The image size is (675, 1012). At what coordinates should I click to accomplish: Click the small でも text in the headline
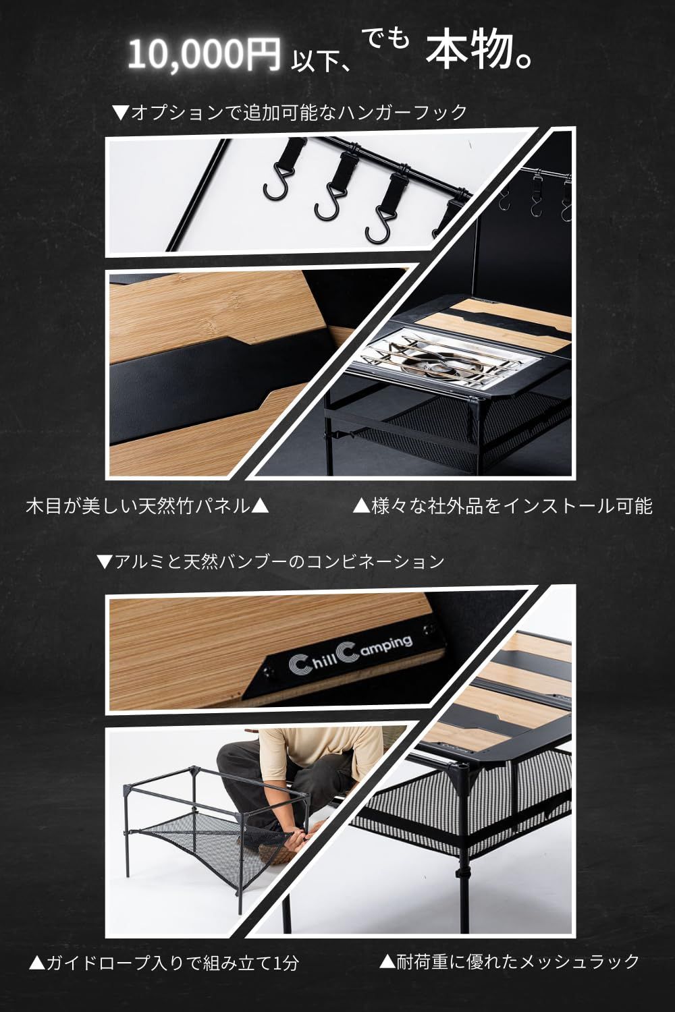coord(387,39)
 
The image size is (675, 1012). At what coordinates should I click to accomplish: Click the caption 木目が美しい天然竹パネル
coord(147,507)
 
